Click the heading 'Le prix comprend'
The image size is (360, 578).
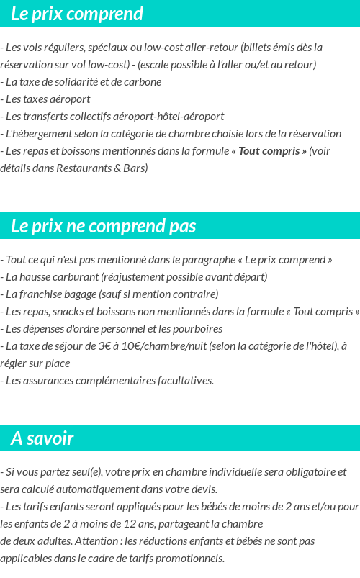(77, 14)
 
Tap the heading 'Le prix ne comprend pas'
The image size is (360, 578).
(103, 226)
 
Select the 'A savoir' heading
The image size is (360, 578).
(42, 438)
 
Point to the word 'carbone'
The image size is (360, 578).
(143, 81)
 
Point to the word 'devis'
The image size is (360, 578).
(202, 489)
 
